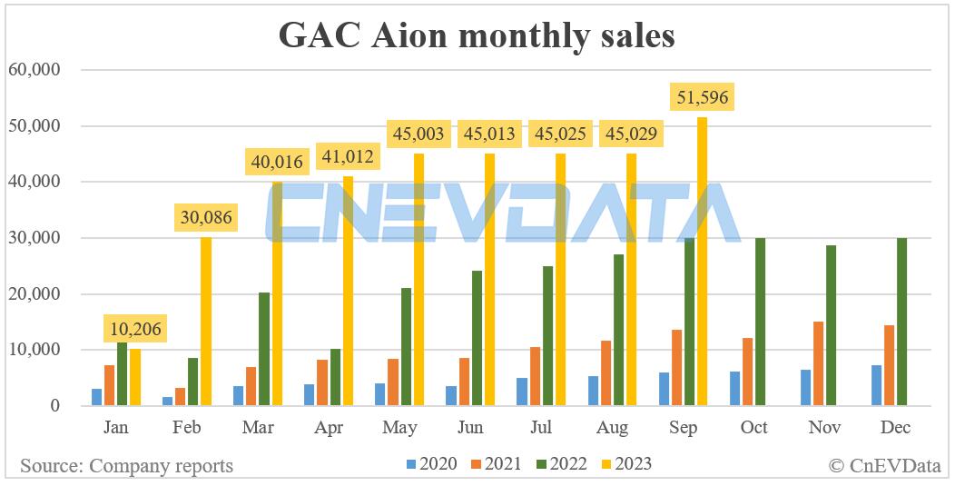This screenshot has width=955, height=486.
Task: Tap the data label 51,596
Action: coord(701,96)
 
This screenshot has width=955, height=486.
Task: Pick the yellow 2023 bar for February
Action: coord(206,322)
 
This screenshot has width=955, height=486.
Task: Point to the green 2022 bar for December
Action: coord(901,322)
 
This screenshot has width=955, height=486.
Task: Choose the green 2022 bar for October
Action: coord(760,322)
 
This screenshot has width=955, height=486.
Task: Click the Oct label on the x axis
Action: coord(753,427)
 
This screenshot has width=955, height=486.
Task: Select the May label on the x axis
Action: coord(399,427)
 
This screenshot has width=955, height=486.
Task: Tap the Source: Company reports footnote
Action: coord(126,466)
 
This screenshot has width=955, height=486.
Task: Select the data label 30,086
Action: coord(205,218)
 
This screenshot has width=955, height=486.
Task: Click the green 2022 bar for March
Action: coord(264,349)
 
